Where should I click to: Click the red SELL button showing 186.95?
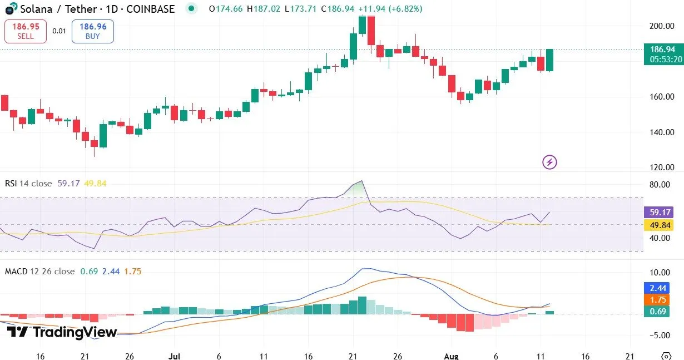[26, 31]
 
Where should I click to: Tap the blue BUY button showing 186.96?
[93, 31]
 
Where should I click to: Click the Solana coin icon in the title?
[9, 9]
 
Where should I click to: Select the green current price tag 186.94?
[662, 49]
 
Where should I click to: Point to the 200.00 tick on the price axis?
[662, 26]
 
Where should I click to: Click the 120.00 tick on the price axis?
[662, 167]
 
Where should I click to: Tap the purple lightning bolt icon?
[549, 162]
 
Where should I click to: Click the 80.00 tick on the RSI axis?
[662, 185]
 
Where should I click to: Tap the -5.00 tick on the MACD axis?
[661, 335]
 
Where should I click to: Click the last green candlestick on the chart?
[549, 60]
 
